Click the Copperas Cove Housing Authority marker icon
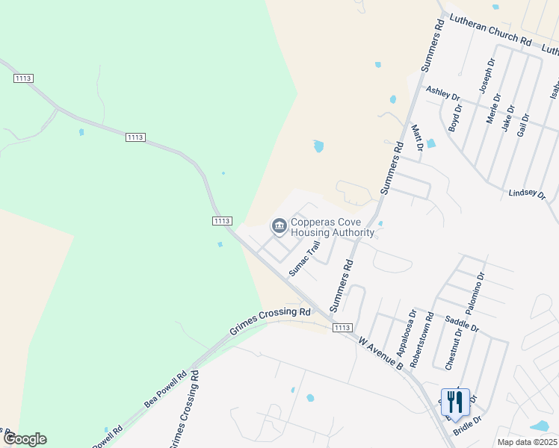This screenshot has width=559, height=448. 279,225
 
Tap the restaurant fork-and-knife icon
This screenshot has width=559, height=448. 454,402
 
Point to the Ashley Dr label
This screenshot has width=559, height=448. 442,94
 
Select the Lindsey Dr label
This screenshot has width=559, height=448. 527,193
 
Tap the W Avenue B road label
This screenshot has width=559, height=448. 380,353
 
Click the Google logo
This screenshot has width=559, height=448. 25,439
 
